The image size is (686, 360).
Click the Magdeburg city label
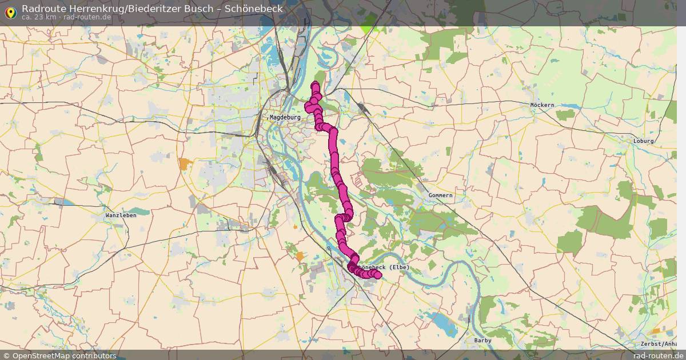click(285, 117)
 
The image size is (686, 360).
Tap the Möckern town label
click(542, 106)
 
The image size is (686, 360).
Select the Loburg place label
click(644, 141)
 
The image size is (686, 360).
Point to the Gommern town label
click(440, 195)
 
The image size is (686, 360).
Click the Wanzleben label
click(121, 215)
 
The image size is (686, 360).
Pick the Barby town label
click(482, 341)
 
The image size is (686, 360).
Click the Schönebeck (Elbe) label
click(382, 267)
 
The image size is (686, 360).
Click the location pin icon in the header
click(10, 11)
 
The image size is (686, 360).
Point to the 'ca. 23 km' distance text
click(39, 17)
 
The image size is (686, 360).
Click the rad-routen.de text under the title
click(87, 17)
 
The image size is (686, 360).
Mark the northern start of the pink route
click(315, 86)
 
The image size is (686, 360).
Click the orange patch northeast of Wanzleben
click(184, 164)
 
